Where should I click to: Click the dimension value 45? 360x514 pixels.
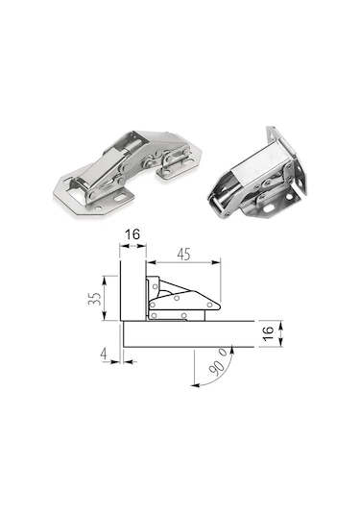[x=183, y=255]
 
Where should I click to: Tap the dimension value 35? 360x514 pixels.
[x=95, y=298]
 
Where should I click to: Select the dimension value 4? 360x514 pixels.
[x=105, y=354]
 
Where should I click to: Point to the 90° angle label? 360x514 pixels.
[x=218, y=362]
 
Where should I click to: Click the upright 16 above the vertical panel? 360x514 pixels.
[x=132, y=234]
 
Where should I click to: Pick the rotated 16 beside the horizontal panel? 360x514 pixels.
[x=268, y=333]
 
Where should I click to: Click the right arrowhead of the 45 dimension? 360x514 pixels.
[x=217, y=262]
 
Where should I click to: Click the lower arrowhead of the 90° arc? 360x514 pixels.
[x=195, y=385]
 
